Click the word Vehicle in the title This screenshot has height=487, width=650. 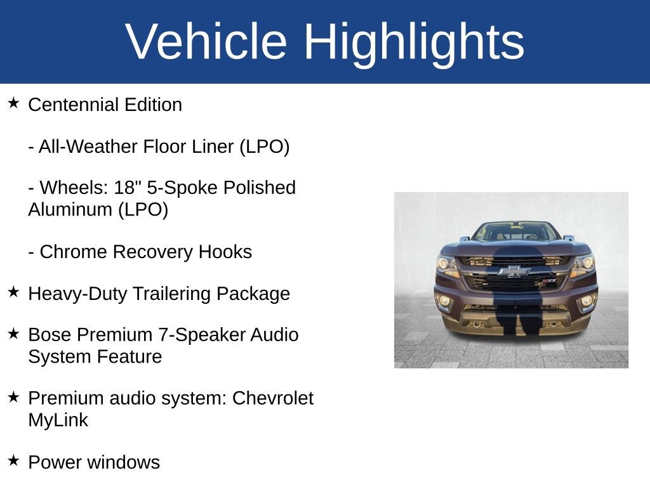206,41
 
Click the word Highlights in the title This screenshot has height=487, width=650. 414,41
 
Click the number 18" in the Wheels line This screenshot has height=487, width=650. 128,188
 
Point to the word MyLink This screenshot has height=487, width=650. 58,420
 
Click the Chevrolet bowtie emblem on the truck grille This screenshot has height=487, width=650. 514,271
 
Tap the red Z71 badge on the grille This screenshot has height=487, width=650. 548,280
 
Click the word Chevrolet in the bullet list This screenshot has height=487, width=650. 273,398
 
